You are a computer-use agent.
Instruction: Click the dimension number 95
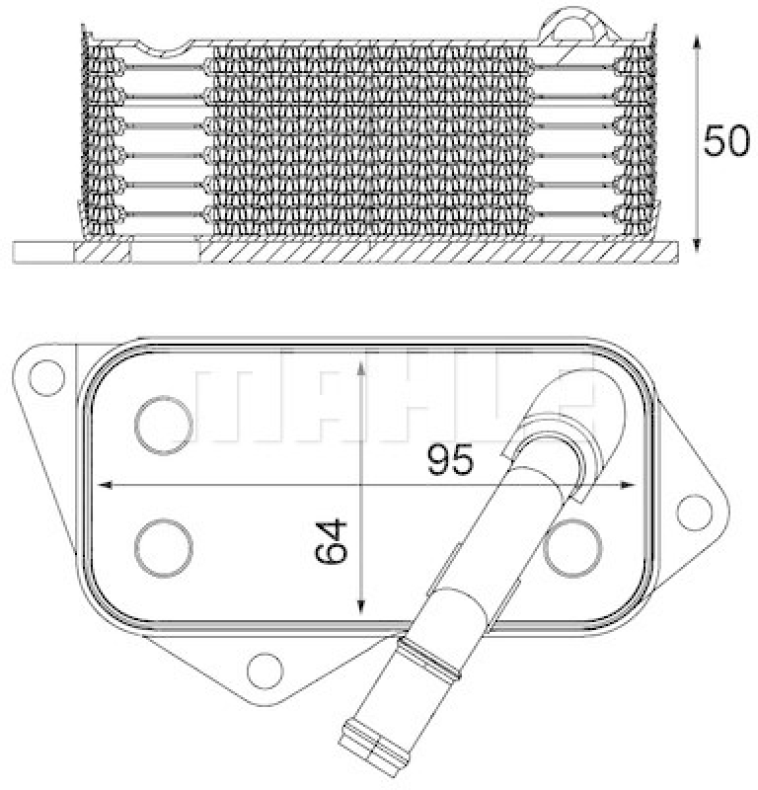pos(452,459)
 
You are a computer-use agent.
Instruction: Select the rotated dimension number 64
pos(334,541)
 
